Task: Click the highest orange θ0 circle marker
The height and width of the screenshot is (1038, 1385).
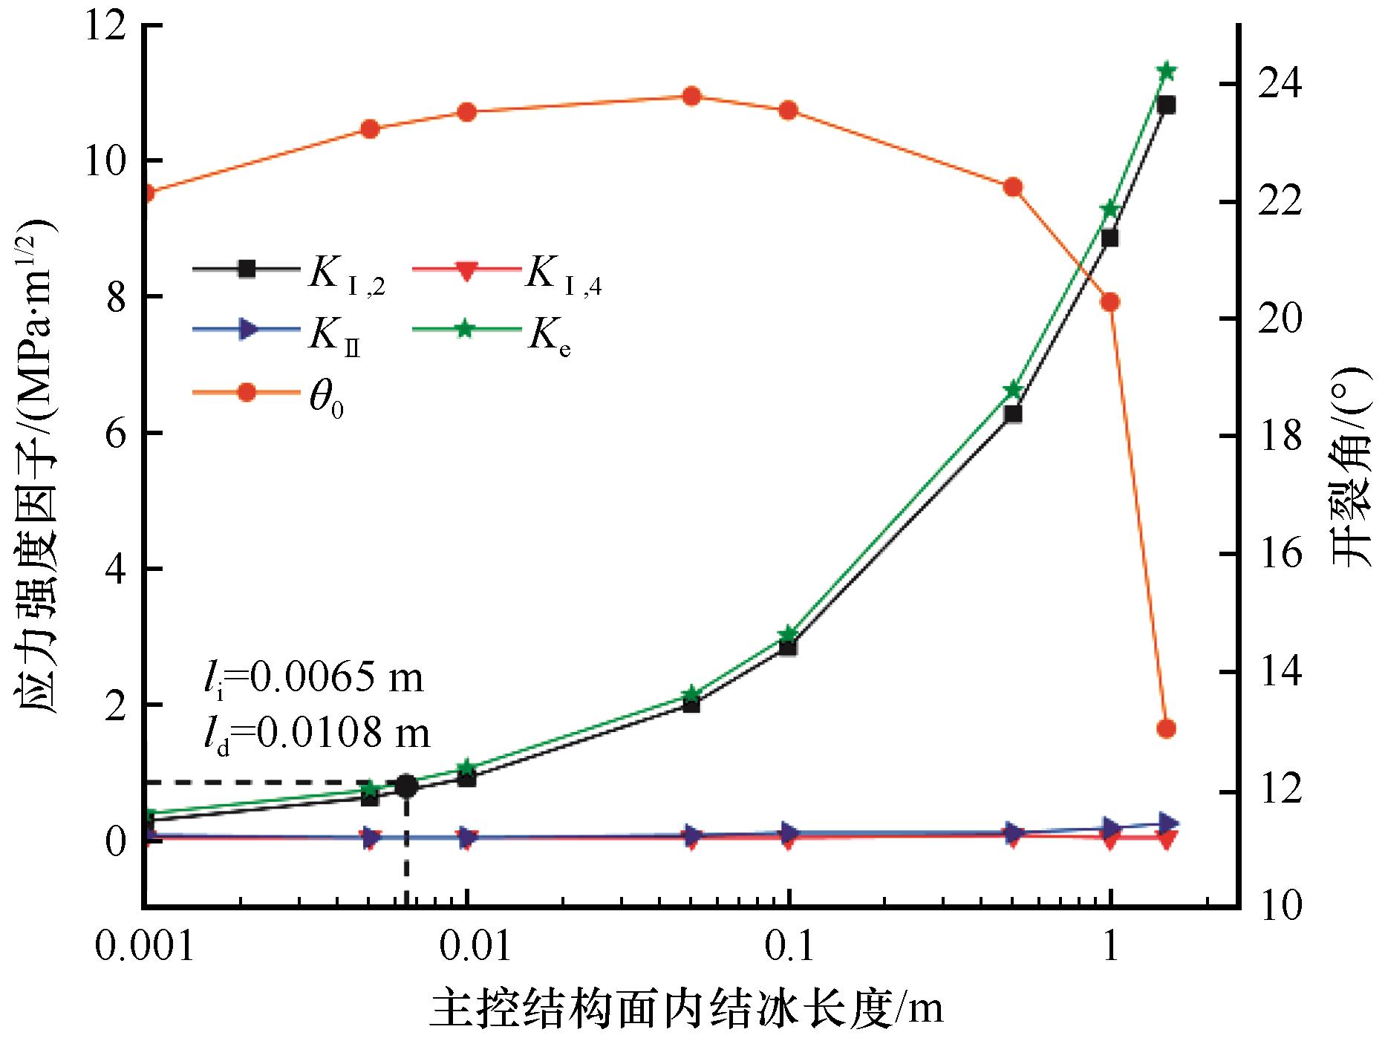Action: pyautogui.click(x=691, y=96)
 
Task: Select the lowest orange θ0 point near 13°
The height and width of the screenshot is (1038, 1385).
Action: pyautogui.click(x=1166, y=728)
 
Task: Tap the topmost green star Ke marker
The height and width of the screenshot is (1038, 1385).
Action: pyautogui.click(x=1166, y=71)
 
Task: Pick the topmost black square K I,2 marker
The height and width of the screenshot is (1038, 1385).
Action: pyautogui.click(x=1166, y=105)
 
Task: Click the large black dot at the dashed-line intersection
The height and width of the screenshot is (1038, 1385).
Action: pyautogui.click(x=406, y=786)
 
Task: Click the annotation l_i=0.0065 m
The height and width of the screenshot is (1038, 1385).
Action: pyautogui.click(x=313, y=678)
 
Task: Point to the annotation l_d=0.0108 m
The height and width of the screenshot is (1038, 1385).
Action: pyautogui.click(x=316, y=734)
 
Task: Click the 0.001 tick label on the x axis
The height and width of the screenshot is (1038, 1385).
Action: pyautogui.click(x=146, y=947)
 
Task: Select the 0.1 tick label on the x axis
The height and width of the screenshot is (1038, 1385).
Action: pyautogui.click(x=789, y=947)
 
